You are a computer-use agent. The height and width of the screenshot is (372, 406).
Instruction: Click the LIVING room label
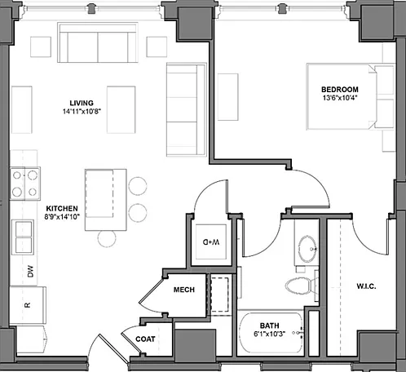pos(82,103)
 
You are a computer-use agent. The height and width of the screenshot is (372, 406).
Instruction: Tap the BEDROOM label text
pos(340,90)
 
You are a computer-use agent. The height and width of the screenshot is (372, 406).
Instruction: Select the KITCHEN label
pos(62,209)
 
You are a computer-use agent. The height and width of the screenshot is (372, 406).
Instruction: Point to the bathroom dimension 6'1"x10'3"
pos(269,334)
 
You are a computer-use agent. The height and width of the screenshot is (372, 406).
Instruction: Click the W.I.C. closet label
pos(366,286)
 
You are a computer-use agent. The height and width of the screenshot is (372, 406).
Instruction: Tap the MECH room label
pos(184,290)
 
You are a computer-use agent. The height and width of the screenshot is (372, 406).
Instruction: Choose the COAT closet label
pos(145,339)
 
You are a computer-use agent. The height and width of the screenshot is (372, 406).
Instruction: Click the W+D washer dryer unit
pos(211,241)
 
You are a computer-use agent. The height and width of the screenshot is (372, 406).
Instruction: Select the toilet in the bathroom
pos(301,286)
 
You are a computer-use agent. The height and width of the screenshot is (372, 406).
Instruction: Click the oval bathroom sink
pos(307,249)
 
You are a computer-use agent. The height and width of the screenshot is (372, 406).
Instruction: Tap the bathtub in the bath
pos(271,333)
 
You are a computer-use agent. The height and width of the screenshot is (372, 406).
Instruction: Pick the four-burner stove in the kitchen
pos(25,184)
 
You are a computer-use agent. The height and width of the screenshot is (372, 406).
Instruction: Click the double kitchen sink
pos(23,237)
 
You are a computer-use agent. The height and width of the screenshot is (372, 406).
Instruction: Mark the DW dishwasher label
pos(30,272)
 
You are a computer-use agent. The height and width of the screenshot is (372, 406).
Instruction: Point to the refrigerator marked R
pos(28,305)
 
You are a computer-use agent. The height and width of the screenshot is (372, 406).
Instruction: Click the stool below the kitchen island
pos(107,238)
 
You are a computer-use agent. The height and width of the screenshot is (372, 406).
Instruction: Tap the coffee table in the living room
pos(121,109)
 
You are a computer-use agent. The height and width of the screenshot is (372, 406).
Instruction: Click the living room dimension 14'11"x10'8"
pos(82,112)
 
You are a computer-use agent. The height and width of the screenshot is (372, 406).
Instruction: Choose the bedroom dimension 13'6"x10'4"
pos(340,98)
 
